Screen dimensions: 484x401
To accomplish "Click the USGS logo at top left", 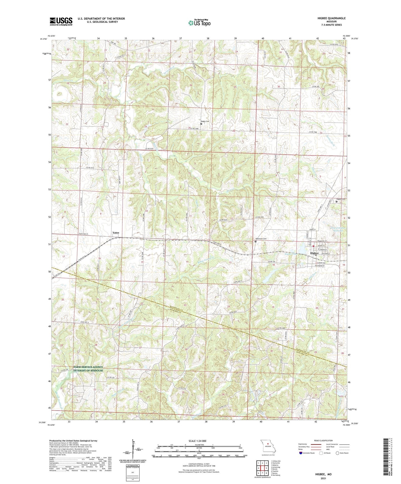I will tap(61, 21).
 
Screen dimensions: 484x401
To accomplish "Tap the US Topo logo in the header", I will tap(199, 23).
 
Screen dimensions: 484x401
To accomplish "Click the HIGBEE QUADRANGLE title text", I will tap(330, 18).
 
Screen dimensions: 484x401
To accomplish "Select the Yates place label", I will tap(116, 233).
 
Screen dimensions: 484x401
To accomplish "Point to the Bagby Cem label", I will tap(205, 121).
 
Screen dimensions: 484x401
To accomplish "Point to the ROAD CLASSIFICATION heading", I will tap(323, 440).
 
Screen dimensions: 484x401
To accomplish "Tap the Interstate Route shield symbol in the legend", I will tap(301, 453).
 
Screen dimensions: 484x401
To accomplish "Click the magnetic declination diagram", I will tap(135, 452).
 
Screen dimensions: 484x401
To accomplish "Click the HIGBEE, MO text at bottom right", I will tap(323, 474).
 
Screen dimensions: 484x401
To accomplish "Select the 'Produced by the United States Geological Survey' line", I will tap(73, 440).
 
